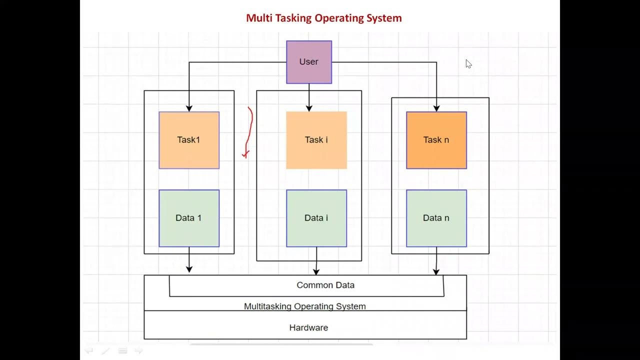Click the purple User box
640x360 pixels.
click(x=309, y=62)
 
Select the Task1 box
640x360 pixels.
click(x=189, y=140)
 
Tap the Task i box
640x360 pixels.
click(x=316, y=140)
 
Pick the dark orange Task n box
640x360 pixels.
click(x=436, y=140)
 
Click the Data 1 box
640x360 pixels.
click(x=189, y=218)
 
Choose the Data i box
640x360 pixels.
click(x=316, y=218)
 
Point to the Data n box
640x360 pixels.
click(x=436, y=218)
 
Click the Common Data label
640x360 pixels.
click(x=325, y=285)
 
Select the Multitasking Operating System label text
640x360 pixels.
click(x=305, y=306)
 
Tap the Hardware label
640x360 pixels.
click(x=308, y=328)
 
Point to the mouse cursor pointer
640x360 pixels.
click(x=468, y=63)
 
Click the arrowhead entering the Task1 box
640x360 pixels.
click(x=189, y=108)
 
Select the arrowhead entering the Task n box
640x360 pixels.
click(x=436, y=108)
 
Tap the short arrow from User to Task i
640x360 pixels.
click(x=309, y=98)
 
